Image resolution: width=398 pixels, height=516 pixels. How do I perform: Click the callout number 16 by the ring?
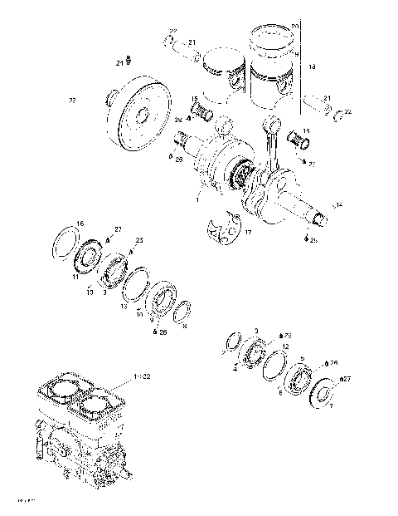(x=80, y=224)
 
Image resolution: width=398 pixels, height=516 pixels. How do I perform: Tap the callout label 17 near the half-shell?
(x=246, y=234)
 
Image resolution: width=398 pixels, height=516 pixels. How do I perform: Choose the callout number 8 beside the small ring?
(x=184, y=327)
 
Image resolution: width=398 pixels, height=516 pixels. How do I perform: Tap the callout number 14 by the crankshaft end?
(x=337, y=204)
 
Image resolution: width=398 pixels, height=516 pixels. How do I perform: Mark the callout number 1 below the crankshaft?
(x=197, y=199)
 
